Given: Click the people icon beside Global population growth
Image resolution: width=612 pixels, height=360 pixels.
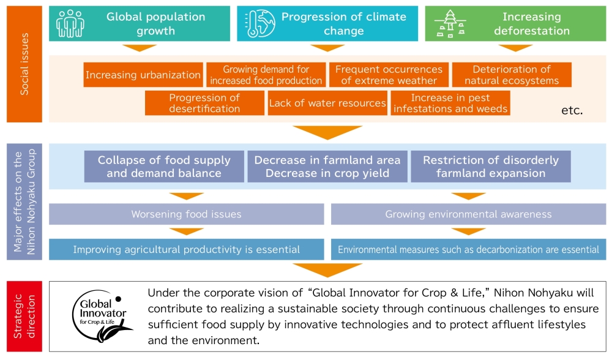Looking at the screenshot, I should click(x=70, y=24).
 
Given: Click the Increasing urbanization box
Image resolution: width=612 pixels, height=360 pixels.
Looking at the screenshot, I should click(x=143, y=75).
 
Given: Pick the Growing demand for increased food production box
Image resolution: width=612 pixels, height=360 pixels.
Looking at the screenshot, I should click(x=266, y=75).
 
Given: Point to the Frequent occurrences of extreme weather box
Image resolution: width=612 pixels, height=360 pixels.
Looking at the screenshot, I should click(x=389, y=75).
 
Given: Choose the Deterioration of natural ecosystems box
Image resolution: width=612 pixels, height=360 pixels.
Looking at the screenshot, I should click(x=511, y=75).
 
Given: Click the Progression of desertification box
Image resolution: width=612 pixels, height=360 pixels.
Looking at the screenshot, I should click(x=204, y=103).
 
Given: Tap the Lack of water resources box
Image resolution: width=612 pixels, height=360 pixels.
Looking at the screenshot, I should click(x=327, y=103).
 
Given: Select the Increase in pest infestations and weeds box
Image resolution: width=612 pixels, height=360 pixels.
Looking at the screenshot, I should click(x=450, y=103).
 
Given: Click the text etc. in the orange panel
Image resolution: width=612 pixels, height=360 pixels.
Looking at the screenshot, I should click(x=572, y=111).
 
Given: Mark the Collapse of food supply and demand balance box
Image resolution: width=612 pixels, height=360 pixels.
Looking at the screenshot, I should click(x=164, y=167).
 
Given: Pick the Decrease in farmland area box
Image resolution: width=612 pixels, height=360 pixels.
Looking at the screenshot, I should click(x=327, y=167).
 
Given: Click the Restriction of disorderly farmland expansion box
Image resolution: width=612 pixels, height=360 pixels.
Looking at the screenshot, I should click(x=490, y=167).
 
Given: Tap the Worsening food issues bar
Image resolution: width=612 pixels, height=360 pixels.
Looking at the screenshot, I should click(x=187, y=214).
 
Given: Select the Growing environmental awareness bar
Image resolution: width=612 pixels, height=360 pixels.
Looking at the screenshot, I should click(x=468, y=214).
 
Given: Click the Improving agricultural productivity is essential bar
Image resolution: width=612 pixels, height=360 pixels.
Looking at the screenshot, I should click(x=187, y=249).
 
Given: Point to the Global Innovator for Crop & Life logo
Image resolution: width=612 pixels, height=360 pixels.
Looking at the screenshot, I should click(x=100, y=315).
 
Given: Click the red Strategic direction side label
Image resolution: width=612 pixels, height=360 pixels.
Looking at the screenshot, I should click(x=24, y=316).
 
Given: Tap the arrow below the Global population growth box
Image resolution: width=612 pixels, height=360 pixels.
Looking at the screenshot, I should click(x=140, y=48).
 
